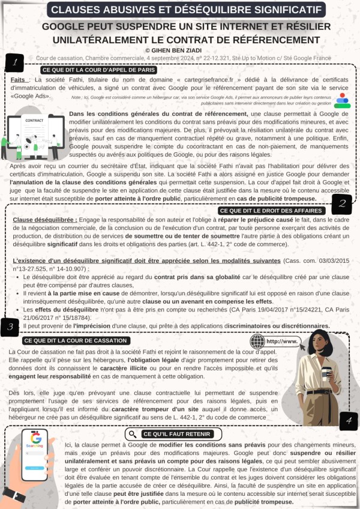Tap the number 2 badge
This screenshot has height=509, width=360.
(x=341, y=203)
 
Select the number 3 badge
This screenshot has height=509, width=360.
(x=11, y=327)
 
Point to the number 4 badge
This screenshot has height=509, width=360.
(x=347, y=421)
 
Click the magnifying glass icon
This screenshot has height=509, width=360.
(x=132, y=433)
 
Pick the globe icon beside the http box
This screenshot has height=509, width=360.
(x=257, y=341)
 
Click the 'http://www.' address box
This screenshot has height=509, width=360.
(x=281, y=341)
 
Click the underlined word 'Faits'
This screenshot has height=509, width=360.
(x=18, y=79)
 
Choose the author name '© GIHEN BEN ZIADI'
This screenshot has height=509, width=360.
(x=179, y=50)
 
